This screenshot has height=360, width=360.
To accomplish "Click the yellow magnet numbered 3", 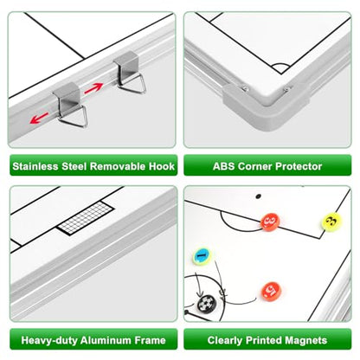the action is coord(331,222).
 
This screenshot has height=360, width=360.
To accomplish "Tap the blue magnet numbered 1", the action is coord(202,256).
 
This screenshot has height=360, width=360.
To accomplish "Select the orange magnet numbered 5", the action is coord(271,292).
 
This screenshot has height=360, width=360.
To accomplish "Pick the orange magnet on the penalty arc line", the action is coord(270,222).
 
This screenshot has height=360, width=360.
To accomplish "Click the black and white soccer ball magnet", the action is coord(207,304).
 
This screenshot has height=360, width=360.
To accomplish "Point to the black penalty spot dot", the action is coord(259,196).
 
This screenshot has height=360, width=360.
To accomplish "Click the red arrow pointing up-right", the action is coord(93,88).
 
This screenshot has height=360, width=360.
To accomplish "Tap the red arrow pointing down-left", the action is coord(39,118).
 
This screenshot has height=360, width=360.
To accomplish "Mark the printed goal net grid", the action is coord(86,218).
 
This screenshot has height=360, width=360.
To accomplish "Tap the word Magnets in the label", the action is coord(306,340).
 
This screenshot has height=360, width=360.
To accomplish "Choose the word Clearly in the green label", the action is coord(225,341).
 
